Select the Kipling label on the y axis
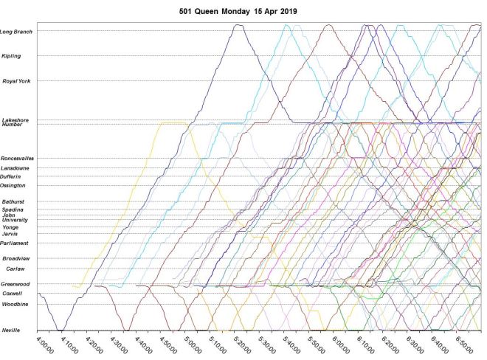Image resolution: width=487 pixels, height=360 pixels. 11,56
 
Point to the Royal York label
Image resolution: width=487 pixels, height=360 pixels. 15,80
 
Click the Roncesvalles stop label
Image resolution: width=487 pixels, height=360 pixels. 17,159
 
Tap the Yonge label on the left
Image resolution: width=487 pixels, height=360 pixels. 10,227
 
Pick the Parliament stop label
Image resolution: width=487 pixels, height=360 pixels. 15,243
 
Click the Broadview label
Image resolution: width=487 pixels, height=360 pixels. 15,259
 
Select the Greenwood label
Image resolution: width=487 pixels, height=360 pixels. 15,284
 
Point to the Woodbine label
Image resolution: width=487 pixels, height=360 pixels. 15,304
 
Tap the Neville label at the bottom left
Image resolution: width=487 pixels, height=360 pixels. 11,330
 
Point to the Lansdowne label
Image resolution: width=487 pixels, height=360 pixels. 15,168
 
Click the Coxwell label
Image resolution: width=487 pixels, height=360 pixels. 13,294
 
